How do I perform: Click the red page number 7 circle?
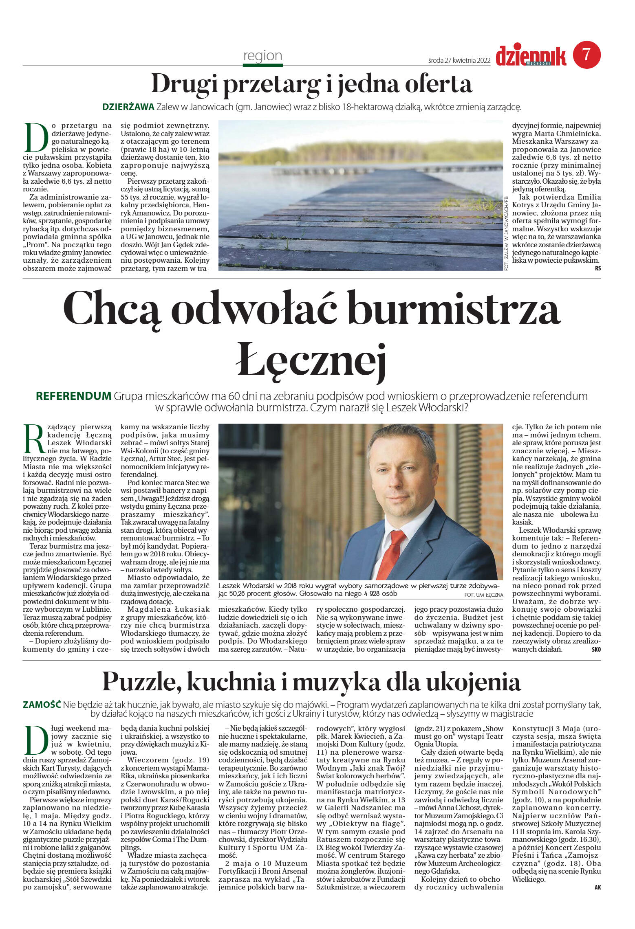[x=586, y=55]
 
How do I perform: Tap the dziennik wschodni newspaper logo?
[x=531, y=56]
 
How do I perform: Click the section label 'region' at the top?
[x=262, y=55]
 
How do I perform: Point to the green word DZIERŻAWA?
[x=128, y=107]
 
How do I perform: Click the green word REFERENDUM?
[x=73, y=396]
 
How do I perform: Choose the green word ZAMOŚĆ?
[x=42, y=705]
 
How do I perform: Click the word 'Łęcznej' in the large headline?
[x=311, y=360]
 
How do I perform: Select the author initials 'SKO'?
[x=596, y=650]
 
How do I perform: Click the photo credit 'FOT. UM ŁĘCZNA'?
[x=483, y=595]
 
